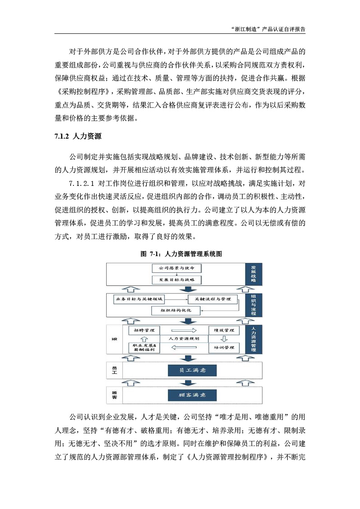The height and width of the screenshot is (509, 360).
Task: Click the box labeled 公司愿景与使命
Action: coord(176,268)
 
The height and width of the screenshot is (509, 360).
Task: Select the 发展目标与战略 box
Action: coord(176,279)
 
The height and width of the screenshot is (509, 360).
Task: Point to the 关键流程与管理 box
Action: coord(209,299)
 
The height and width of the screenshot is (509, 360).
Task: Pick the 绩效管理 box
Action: coord(223,330)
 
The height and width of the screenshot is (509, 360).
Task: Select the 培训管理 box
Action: coord(223,347)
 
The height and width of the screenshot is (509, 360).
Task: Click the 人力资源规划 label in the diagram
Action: coord(183,338)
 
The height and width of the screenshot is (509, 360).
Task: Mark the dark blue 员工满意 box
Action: coord(192,370)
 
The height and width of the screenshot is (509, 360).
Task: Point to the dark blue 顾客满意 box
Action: coord(192,395)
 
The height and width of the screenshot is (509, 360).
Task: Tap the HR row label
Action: coord(114,338)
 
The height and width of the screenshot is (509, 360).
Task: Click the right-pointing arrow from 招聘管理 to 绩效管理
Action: coord(183,330)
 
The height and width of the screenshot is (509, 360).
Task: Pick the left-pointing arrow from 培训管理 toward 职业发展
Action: coord(183,347)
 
